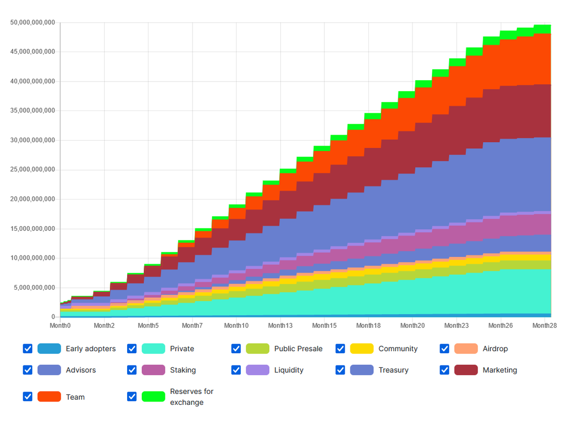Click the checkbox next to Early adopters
(28, 349)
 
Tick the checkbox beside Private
(132, 349)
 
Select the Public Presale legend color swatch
(257, 349)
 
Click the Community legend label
(398, 349)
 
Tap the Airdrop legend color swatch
(466, 349)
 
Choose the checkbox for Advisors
(28, 370)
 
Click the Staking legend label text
(183, 370)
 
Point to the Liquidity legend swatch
(257, 370)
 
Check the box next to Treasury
(340, 370)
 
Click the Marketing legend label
(500, 370)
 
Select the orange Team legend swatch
(49, 397)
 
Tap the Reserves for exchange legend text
(192, 397)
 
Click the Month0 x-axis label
(60, 326)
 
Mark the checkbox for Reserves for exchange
(132, 397)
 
